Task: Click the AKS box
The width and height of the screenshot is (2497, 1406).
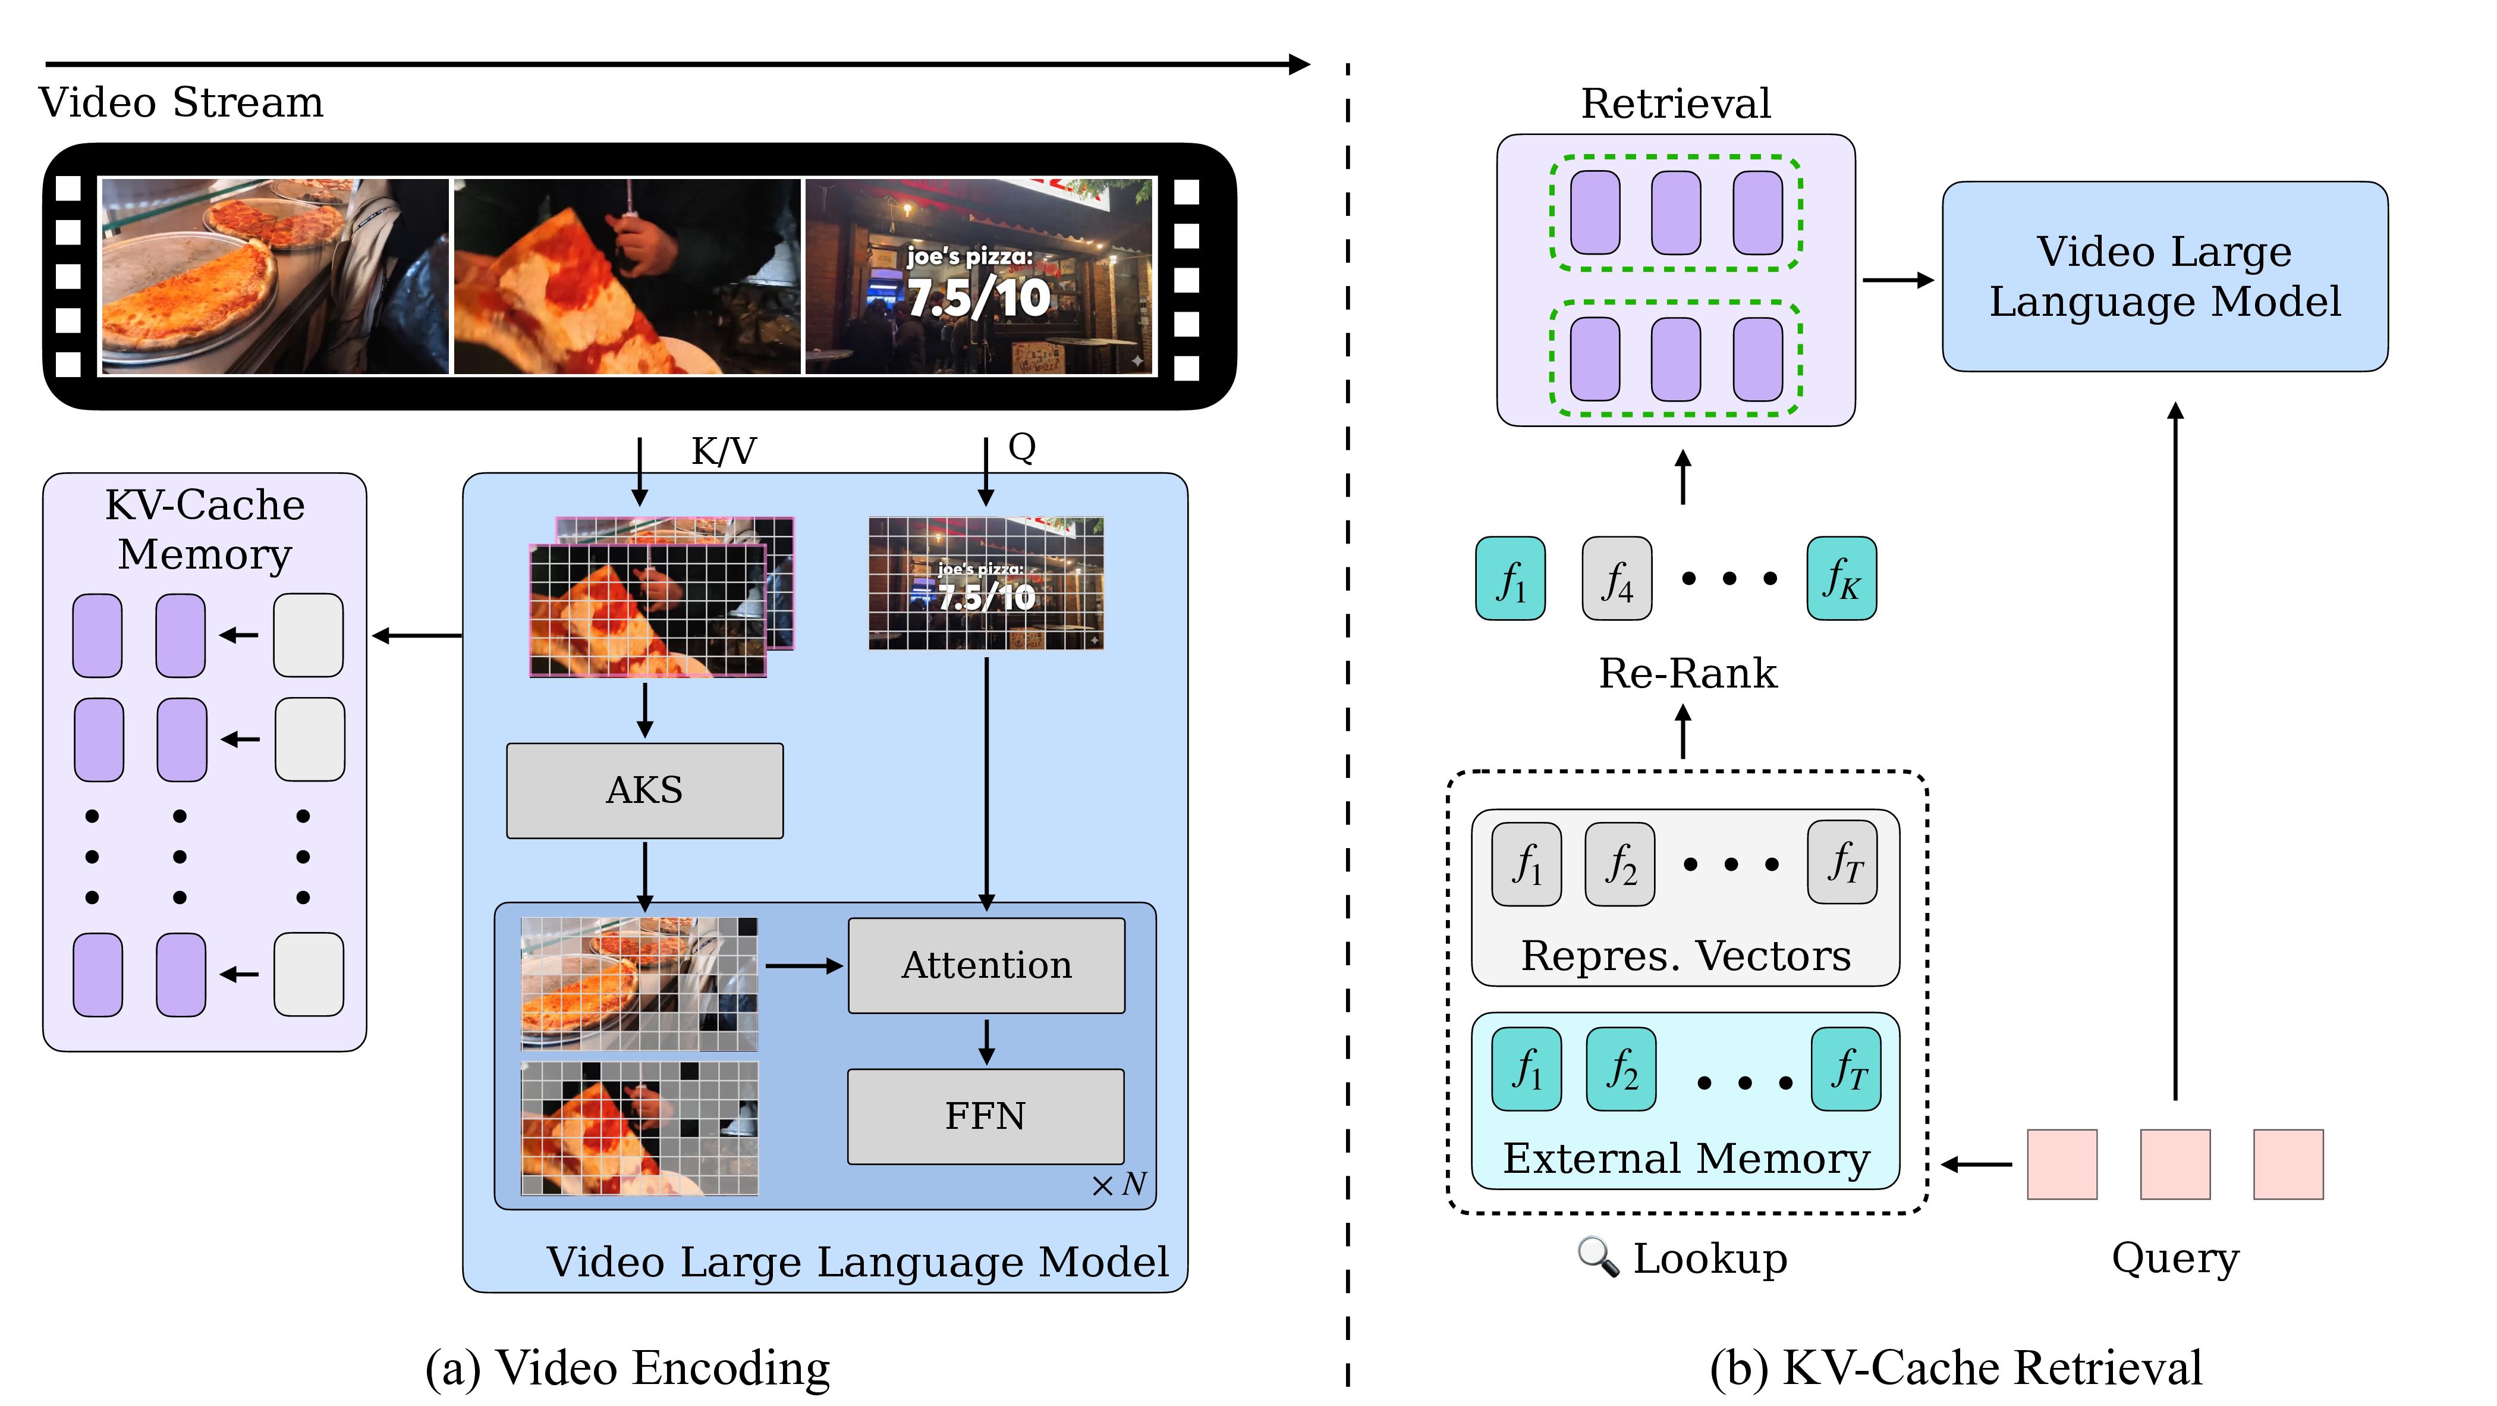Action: (644, 790)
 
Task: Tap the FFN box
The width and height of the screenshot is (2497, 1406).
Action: (986, 1116)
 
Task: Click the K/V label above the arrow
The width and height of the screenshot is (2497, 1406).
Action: (723, 451)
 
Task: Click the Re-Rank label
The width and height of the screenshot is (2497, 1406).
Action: (1688, 673)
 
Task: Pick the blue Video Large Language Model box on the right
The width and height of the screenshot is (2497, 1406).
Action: (2165, 277)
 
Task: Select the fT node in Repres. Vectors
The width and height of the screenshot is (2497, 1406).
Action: (1842, 863)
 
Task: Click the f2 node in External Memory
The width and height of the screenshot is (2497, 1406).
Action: (1621, 1069)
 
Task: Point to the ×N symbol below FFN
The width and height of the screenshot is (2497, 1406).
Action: (1119, 1185)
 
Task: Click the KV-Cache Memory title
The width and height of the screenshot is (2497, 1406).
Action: (205, 529)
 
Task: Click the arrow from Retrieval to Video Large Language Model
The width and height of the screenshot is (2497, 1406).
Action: (1898, 280)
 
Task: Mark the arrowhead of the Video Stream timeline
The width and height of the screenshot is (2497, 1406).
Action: (1299, 65)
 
